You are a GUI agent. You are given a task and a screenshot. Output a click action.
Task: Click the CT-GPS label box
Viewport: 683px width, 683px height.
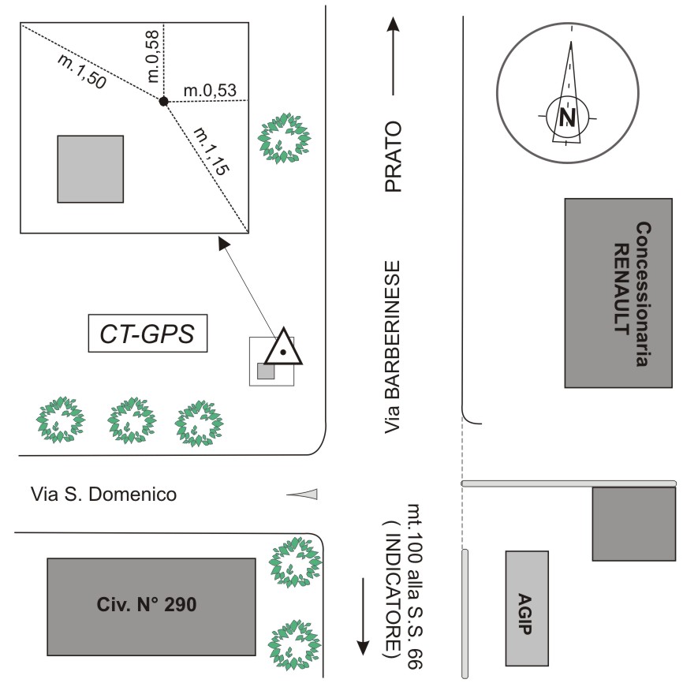[147, 334]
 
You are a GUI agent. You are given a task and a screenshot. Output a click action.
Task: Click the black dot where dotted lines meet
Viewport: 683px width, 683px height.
[163, 101]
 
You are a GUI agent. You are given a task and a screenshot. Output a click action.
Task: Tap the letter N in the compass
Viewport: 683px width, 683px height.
[566, 118]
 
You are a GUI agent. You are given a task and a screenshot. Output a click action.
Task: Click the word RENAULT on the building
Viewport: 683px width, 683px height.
[621, 293]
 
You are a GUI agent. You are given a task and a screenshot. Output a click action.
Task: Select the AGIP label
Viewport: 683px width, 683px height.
[526, 607]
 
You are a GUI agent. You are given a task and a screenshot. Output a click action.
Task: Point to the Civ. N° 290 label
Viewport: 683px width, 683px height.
[151, 606]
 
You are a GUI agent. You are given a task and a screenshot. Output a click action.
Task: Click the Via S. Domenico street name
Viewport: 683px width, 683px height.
[103, 495]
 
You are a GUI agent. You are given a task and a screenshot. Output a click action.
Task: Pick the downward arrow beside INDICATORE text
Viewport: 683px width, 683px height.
[363, 615]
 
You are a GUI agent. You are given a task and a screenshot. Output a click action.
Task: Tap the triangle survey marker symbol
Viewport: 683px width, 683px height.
[282, 348]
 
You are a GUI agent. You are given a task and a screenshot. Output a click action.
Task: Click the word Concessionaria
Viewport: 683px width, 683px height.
[642, 293]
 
